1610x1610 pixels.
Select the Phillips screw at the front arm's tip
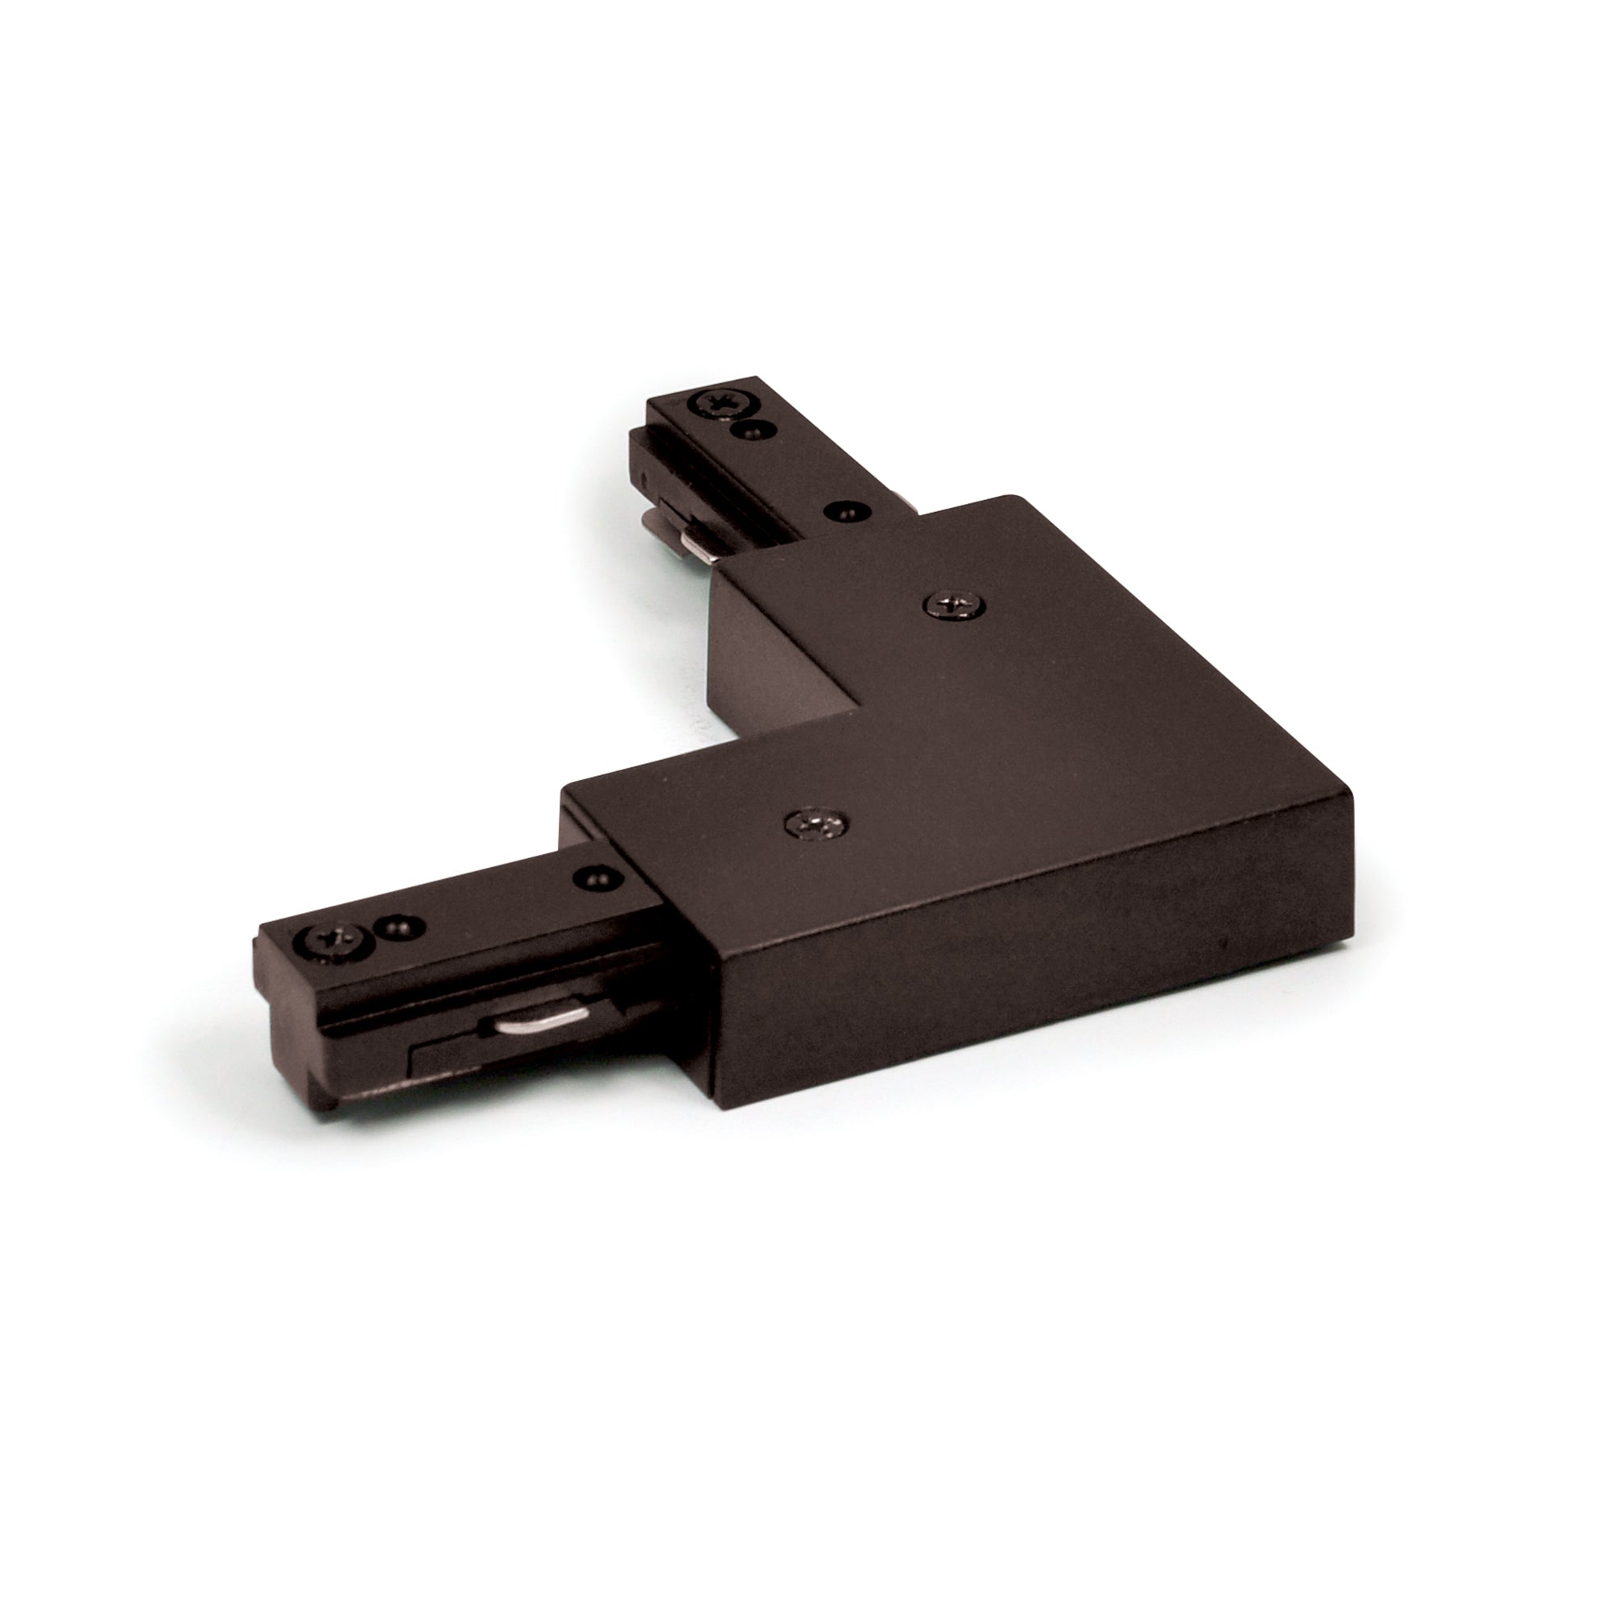click(x=332, y=941)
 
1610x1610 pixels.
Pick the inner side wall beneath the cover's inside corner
click(x=779, y=667)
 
